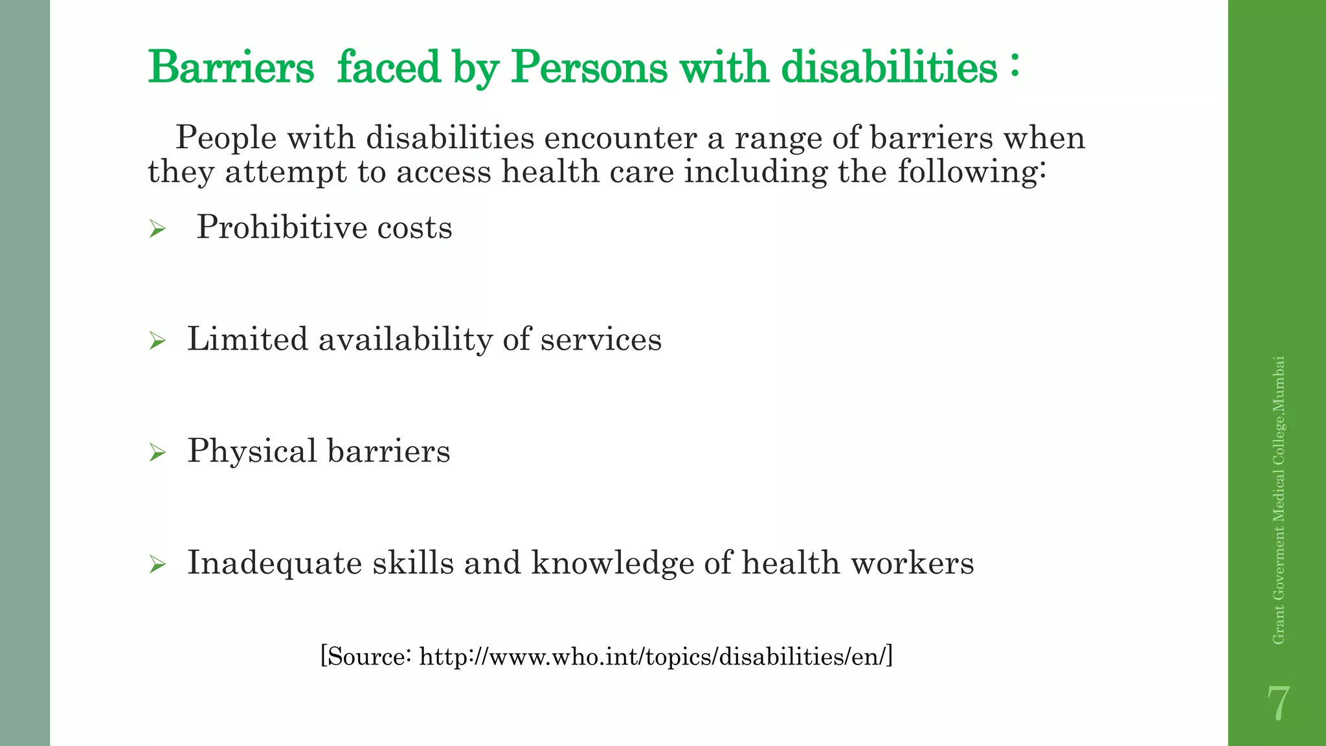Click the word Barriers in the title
(230, 67)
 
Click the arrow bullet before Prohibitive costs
(157, 229)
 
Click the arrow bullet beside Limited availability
(157, 340)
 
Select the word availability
(405, 339)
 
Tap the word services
(601, 340)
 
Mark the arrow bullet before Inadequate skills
(157, 564)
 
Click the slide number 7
(1277, 704)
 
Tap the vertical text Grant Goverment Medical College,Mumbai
(1278, 500)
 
